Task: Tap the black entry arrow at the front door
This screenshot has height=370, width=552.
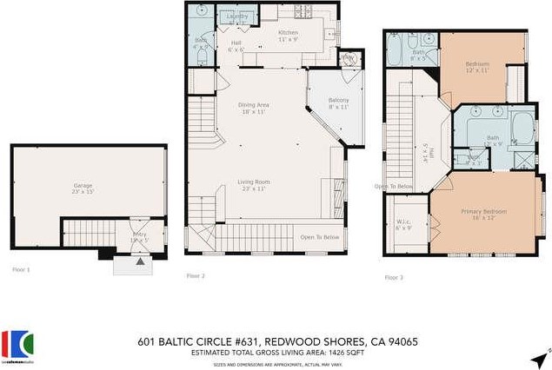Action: click(141, 259)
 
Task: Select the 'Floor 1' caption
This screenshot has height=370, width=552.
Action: click(20, 270)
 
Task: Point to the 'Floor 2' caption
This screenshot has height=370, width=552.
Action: click(196, 276)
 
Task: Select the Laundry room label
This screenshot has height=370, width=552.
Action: click(237, 17)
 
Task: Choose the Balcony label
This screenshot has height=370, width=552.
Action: click(339, 102)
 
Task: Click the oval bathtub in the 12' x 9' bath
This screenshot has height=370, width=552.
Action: click(523, 128)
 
